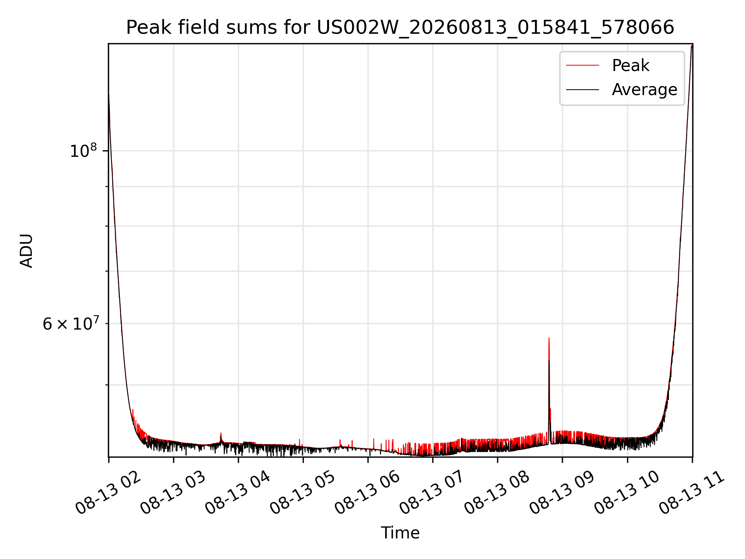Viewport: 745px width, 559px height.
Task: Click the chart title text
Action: tap(400, 28)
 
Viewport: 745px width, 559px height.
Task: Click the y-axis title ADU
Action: tap(26, 251)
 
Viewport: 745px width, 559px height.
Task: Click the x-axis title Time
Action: tap(400, 533)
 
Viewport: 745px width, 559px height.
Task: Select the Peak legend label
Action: tap(631, 66)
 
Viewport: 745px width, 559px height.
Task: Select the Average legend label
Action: tap(645, 90)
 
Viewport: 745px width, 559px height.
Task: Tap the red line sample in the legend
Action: tap(582, 65)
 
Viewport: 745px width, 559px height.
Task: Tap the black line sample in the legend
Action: tap(582, 90)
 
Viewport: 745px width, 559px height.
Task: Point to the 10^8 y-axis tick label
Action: tap(83, 151)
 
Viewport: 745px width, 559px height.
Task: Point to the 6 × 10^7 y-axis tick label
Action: tap(70, 323)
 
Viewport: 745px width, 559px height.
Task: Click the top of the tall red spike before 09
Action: tap(549, 338)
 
